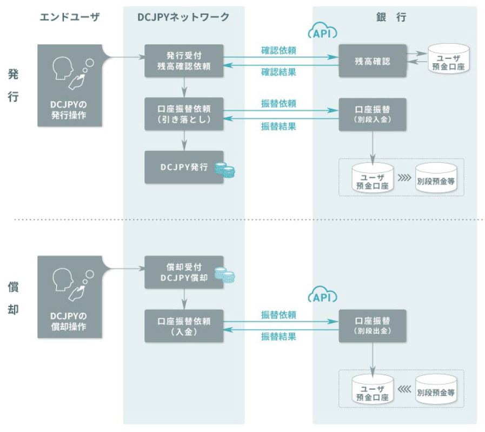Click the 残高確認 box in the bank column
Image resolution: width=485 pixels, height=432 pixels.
372,61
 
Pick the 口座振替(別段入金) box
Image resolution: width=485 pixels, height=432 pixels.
372,114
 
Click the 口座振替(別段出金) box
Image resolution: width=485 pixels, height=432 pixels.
372,325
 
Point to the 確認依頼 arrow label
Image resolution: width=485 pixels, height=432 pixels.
278,51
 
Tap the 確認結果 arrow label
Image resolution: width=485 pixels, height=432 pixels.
278,72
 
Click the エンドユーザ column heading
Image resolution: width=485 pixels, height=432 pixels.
70,17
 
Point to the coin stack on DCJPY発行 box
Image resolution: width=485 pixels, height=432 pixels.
225,170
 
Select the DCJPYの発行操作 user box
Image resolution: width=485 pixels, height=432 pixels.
70,86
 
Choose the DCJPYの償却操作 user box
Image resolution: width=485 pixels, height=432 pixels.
70,297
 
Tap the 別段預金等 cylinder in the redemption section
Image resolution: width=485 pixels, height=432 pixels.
436,389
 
